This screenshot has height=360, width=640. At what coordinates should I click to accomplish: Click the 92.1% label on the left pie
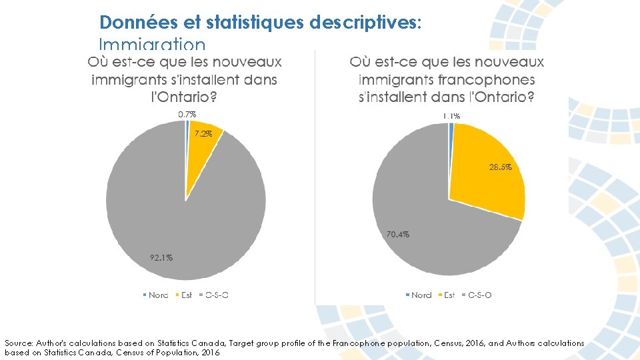(161, 257)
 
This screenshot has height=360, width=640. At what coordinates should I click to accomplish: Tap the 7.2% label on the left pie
(203, 134)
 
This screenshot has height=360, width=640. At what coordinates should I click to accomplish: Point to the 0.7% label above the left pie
(187, 115)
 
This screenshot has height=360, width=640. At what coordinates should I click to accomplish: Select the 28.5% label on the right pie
(500, 167)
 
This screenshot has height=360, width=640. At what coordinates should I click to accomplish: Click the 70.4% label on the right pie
(398, 234)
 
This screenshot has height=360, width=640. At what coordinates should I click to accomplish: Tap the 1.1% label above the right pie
(451, 116)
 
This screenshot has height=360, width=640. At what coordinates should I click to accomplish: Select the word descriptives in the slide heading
(365, 23)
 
